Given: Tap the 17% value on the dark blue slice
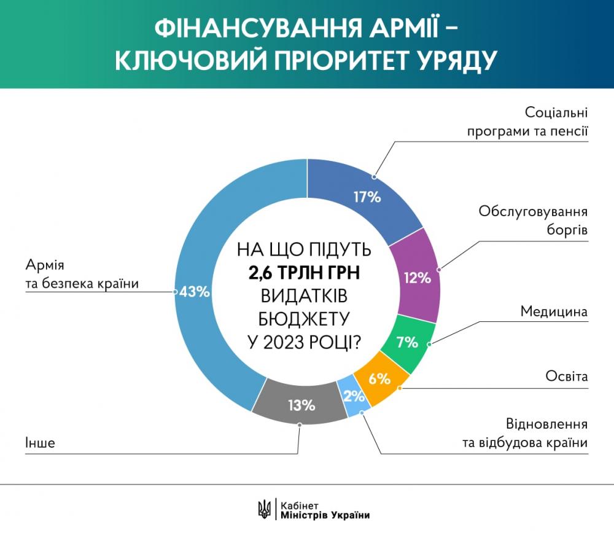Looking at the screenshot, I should coord(367,197).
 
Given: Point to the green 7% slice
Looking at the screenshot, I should coord(406,342).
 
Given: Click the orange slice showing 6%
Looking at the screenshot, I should coord(379,379).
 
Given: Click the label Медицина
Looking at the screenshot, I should coord(554,312).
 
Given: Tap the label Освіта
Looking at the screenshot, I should coord(567,376).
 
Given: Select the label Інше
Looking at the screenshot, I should coord(40,442).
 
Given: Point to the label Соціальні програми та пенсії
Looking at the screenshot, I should coord(527,122).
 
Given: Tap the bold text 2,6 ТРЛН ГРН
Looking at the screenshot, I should coord(303,273).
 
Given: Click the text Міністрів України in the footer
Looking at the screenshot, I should coord(325,515).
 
